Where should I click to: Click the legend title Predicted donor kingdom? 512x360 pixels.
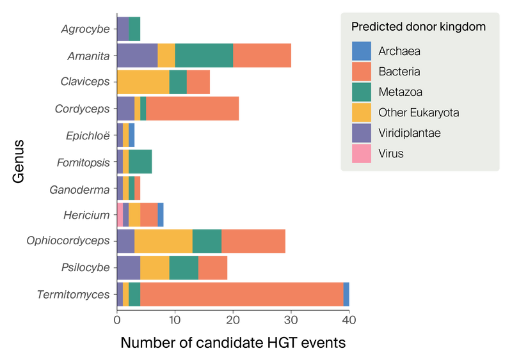(x=418, y=27)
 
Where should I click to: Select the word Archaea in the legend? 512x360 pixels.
(x=399, y=51)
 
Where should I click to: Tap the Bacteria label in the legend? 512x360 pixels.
(x=399, y=72)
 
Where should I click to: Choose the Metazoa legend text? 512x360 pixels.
(x=400, y=92)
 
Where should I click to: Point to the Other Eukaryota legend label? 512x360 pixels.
(x=419, y=113)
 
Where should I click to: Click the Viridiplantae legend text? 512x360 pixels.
(x=409, y=133)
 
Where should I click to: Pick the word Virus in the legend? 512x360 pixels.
(x=390, y=153)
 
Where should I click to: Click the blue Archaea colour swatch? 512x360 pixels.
(x=362, y=51)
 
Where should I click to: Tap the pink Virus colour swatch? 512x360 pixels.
(x=362, y=153)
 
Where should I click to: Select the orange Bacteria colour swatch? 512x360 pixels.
(x=362, y=72)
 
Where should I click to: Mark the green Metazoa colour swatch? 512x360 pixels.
(x=362, y=92)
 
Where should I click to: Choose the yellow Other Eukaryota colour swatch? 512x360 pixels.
(x=362, y=113)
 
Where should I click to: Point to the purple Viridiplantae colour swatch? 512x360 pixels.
(x=362, y=133)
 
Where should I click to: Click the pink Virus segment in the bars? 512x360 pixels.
(x=120, y=214)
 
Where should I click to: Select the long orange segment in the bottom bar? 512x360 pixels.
(x=241, y=294)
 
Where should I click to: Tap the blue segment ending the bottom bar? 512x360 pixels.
(x=348, y=294)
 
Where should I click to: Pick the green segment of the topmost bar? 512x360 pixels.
(x=135, y=28)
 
